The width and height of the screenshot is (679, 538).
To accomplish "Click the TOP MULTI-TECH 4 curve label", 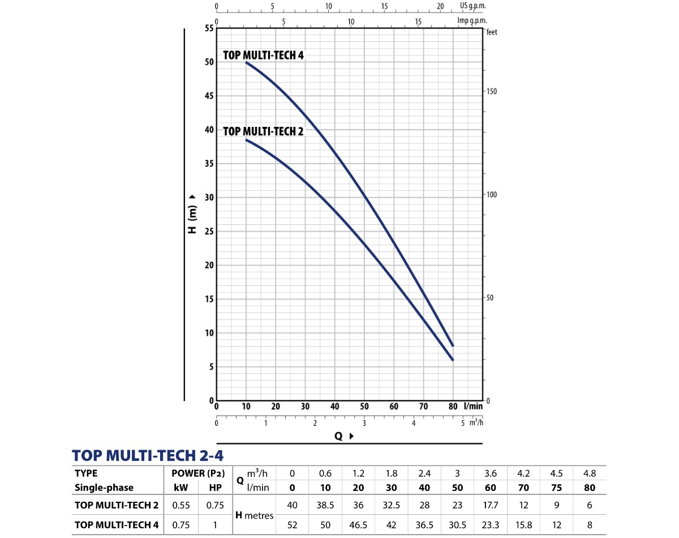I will coord(264,55).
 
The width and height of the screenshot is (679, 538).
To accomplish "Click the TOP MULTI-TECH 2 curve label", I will coord(264,131).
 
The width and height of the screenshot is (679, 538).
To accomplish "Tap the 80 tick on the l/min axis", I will coord(453,406).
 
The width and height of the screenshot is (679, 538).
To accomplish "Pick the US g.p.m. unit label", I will coord(473,6).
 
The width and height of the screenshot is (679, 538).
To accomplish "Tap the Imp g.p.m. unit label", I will coord(472,21).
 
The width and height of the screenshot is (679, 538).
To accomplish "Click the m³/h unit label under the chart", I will coord(477,422).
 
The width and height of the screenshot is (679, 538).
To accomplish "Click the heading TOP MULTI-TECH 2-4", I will coord(151,455).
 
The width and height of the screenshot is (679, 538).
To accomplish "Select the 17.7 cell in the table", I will coord(491,505).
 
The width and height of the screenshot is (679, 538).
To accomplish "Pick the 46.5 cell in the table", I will coord(358,525).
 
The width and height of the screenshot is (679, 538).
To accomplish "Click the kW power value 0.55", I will coord(181,505).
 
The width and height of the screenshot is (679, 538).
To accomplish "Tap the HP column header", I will coord(215,488).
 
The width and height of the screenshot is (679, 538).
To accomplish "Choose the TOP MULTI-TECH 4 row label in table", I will coord(117,525).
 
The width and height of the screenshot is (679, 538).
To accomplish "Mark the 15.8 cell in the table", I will coord(523,525).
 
